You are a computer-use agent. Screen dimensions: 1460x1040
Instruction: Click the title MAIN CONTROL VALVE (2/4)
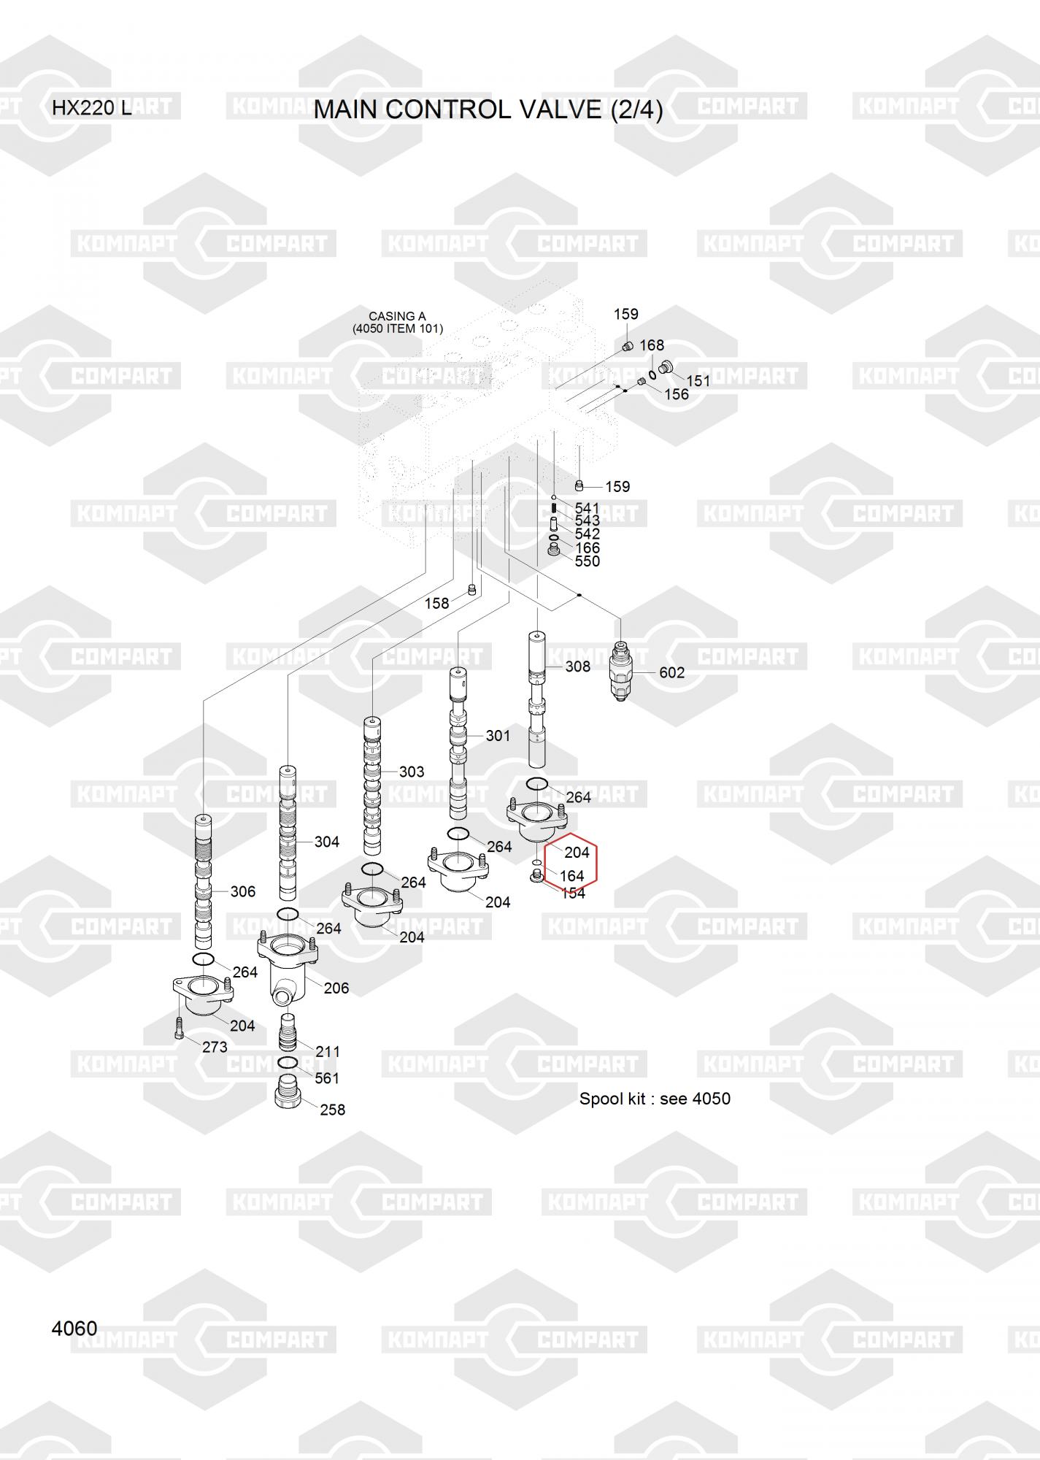click(488, 109)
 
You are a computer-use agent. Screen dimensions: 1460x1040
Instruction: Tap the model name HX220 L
click(92, 108)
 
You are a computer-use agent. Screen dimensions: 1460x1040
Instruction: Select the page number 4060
click(74, 1328)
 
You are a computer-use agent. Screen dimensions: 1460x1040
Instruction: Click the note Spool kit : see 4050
click(655, 1099)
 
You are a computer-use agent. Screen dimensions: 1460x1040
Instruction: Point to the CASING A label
click(397, 317)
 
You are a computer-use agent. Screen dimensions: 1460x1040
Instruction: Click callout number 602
click(671, 672)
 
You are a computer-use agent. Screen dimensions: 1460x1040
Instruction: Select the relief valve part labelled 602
click(620, 670)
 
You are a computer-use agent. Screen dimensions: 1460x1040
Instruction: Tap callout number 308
click(577, 666)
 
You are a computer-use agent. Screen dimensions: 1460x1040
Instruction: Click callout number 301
click(498, 736)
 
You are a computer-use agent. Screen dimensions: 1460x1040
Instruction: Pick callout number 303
click(412, 772)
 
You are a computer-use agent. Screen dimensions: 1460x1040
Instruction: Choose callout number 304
click(326, 842)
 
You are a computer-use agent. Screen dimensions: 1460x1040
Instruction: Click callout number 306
click(242, 891)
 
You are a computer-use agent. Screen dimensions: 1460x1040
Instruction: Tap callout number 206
click(336, 988)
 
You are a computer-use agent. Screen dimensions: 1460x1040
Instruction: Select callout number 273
click(215, 1047)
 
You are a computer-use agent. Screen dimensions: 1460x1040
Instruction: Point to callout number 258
click(332, 1110)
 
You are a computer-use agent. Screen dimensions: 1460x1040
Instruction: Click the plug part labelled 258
click(288, 1092)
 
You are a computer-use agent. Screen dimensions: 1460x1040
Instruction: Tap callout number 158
click(436, 604)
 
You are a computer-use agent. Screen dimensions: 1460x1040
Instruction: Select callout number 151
click(698, 380)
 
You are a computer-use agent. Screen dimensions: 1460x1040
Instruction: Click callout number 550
click(587, 561)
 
